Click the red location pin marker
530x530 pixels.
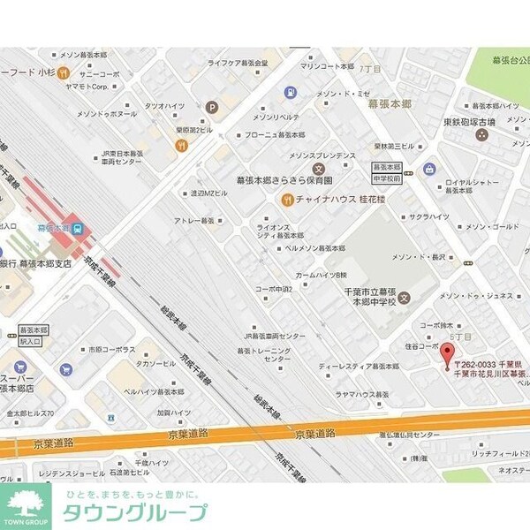pos(448,354)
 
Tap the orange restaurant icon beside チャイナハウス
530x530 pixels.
pos(287,199)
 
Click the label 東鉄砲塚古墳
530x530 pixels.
pos(481,121)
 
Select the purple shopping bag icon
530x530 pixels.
pos(429,168)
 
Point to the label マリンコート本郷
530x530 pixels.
pos(327,66)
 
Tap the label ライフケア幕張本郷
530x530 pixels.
pos(238,63)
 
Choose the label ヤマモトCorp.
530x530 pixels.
pos(86,87)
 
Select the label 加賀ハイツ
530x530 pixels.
pos(174,413)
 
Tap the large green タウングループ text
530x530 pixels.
pos(134,513)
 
